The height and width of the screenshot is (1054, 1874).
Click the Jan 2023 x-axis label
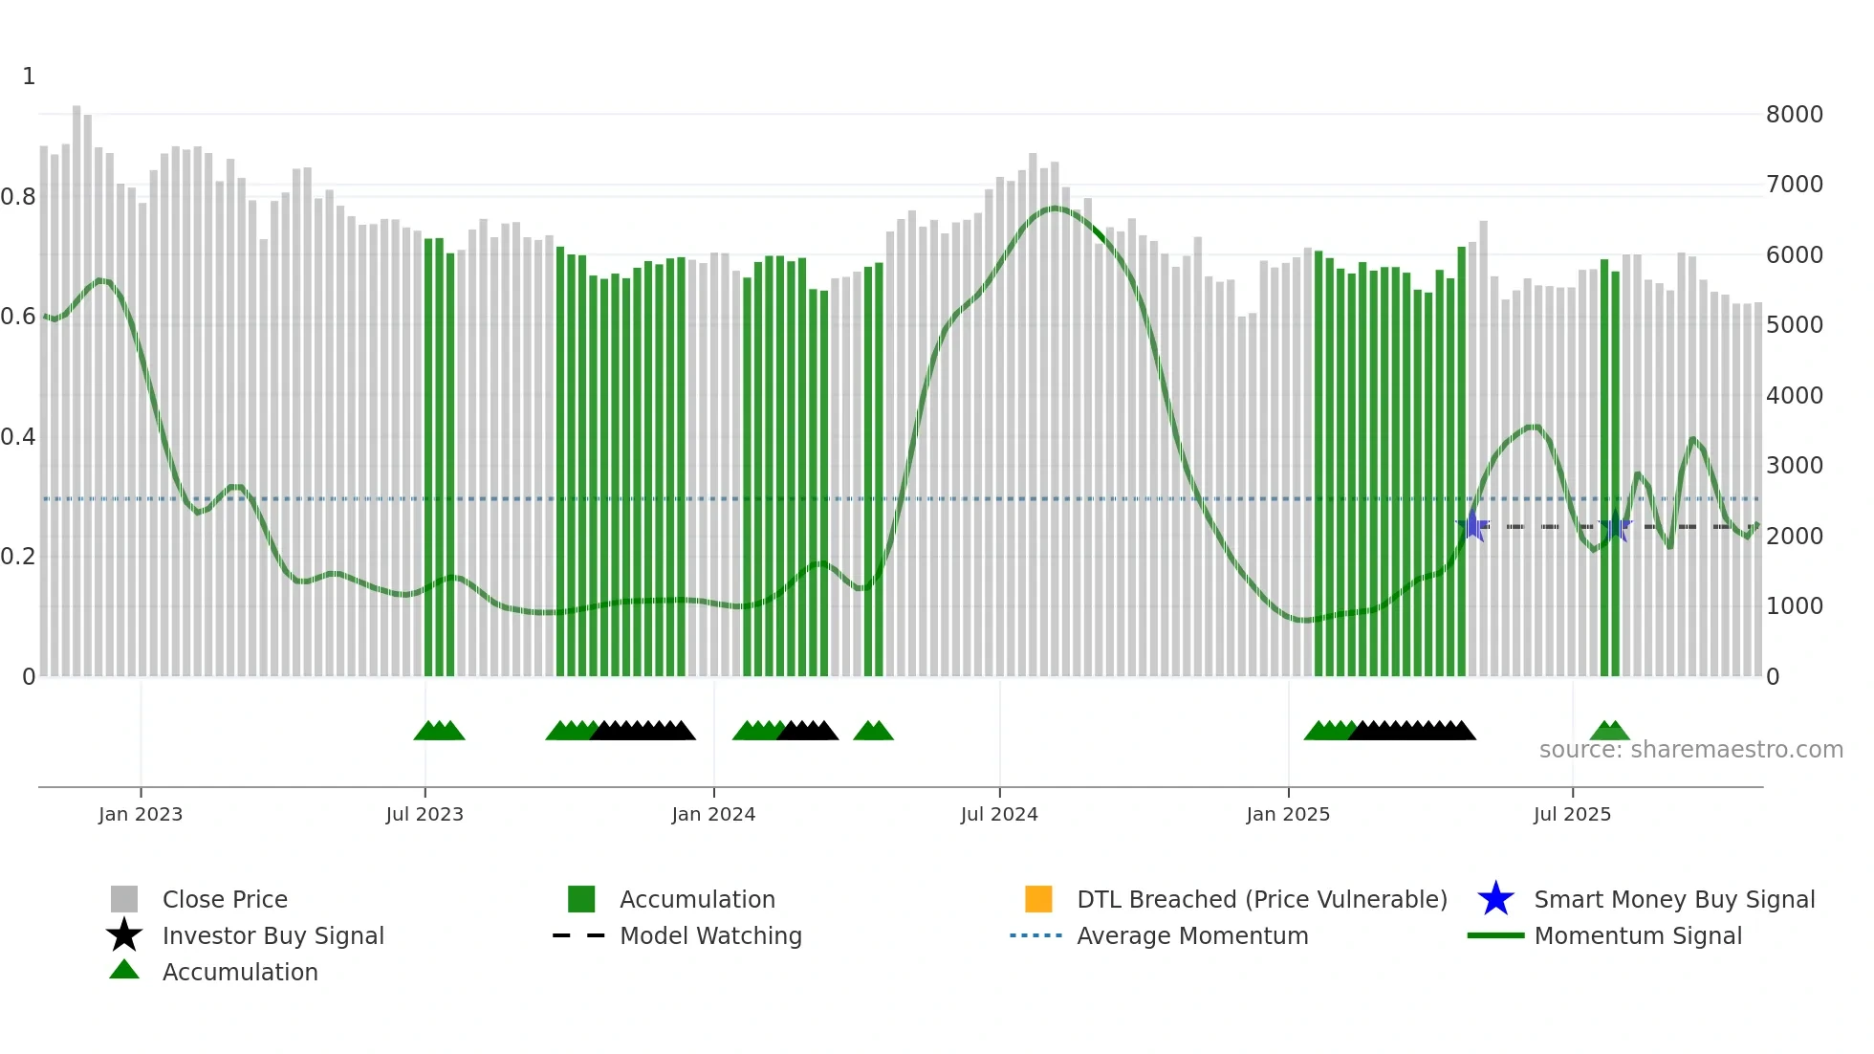click(141, 814)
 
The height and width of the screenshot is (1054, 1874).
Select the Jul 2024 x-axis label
click(999, 814)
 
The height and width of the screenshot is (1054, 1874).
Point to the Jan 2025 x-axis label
click(1288, 814)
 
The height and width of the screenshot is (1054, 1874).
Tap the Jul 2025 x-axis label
click(1572, 814)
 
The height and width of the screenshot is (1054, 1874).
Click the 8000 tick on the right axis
click(1795, 115)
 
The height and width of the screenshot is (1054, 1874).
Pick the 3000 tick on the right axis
click(1795, 466)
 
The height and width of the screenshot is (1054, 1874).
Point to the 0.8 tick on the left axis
click(18, 197)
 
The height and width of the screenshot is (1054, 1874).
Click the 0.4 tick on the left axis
click(18, 437)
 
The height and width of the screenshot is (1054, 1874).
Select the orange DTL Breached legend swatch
click(1038, 899)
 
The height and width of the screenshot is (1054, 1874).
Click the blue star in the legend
click(1495, 899)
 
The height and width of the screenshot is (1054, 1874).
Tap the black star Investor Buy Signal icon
click(124, 935)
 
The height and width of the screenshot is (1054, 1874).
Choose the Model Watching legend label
click(710, 935)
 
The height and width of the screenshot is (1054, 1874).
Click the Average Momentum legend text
click(1192, 935)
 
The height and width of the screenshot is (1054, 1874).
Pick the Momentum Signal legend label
click(1638, 935)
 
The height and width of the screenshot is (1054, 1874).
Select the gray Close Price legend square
click(124, 899)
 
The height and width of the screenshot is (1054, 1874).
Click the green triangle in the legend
click(124, 970)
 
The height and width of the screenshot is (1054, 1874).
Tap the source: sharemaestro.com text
click(1690, 750)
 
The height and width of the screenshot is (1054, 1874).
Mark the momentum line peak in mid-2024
click(1055, 208)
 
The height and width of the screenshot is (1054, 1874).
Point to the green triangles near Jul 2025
click(1609, 732)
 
